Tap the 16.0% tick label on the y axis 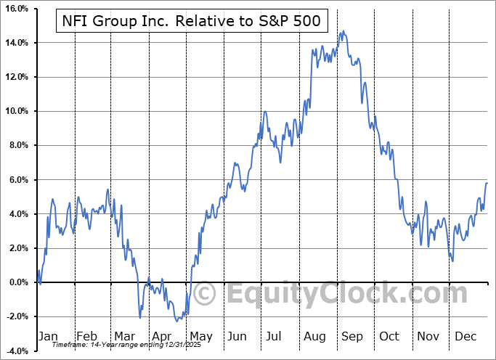click(15, 9)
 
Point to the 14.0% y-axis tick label click(15, 43)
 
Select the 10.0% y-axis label click(15, 111)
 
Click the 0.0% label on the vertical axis click(17, 282)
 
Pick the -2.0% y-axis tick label click(16, 316)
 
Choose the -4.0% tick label click(16, 351)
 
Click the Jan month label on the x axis click(48, 337)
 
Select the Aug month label click(314, 337)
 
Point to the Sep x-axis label click(353, 337)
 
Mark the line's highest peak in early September click(343, 31)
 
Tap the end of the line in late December click(487, 183)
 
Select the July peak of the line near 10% click(266, 112)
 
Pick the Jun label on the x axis click(237, 337)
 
